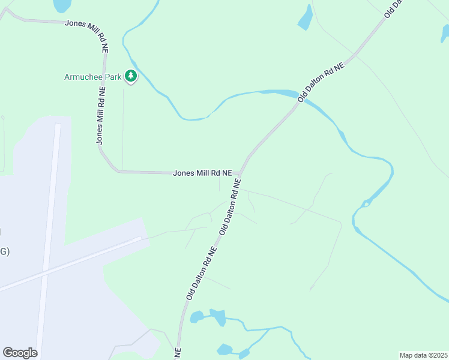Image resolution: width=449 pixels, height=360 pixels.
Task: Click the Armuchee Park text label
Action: click(x=92, y=77)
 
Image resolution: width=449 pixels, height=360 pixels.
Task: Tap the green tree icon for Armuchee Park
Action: click(x=131, y=76)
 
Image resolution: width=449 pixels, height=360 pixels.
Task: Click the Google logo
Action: click(x=20, y=352)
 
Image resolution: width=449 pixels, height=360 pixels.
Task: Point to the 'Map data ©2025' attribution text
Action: click(x=423, y=355)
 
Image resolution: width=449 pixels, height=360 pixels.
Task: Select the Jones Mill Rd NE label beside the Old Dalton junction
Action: click(x=202, y=173)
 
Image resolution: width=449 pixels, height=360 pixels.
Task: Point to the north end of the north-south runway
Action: click(x=58, y=125)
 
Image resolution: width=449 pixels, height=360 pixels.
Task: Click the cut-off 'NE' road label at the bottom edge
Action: click(x=178, y=353)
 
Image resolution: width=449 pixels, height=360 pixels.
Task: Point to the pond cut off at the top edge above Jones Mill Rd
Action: click(x=62, y=5)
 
